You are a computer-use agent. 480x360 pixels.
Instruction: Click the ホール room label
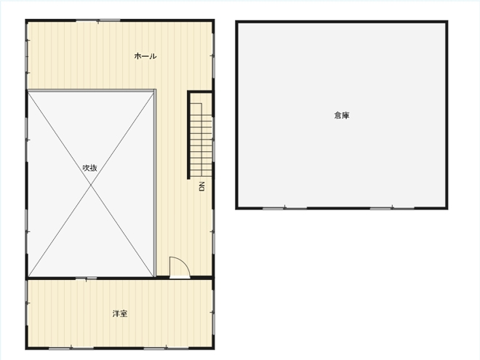(x=145, y=56)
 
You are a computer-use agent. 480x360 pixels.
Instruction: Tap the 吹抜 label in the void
(x=90, y=168)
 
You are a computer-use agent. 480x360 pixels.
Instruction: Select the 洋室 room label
(x=120, y=313)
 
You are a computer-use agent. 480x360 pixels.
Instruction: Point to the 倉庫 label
(x=342, y=116)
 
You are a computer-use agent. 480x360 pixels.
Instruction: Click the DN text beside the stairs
(x=201, y=186)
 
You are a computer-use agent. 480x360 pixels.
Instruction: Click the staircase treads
(x=201, y=140)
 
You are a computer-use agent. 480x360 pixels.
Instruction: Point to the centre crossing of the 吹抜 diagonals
(x=91, y=185)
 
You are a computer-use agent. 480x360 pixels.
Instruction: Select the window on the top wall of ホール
(x=98, y=21)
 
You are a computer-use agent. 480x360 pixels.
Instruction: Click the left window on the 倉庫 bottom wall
(x=284, y=209)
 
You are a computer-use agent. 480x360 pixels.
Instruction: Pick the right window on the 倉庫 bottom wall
(x=392, y=209)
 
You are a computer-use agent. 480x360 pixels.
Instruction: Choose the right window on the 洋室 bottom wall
(x=166, y=348)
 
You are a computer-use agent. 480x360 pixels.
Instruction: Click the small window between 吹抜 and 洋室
(x=86, y=279)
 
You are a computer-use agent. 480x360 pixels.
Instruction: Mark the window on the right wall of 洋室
(x=213, y=312)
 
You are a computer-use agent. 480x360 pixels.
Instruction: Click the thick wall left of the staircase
(x=189, y=135)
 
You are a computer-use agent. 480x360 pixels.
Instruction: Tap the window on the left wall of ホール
(x=27, y=57)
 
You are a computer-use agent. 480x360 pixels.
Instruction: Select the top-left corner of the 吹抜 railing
(x=28, y=90)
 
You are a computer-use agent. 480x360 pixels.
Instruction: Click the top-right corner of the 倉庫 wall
(x=447, y=22)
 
